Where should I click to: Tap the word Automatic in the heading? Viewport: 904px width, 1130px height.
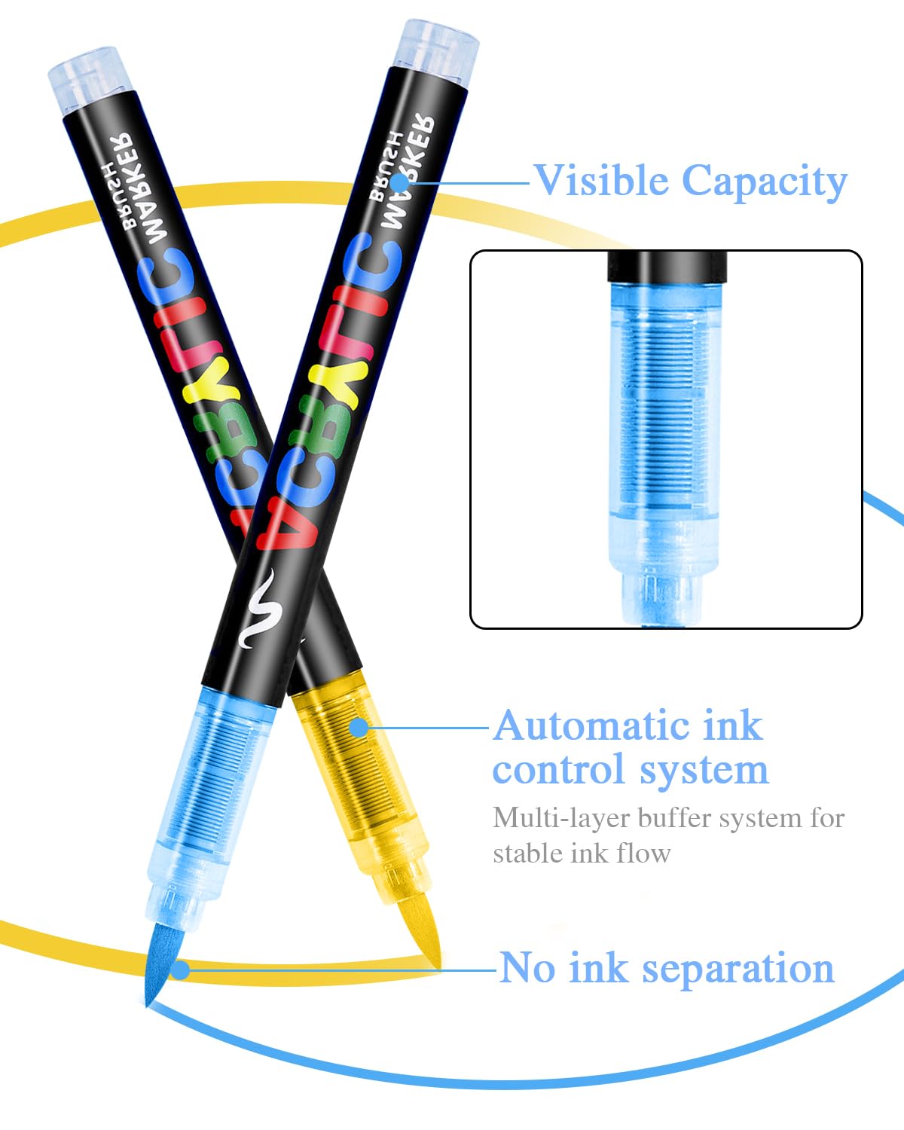[592, 727]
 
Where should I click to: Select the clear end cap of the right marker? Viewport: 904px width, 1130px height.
[436, 44]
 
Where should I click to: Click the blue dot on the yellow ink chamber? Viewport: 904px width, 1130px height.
[360, 727]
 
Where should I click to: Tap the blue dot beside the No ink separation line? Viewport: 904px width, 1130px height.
[179, 969]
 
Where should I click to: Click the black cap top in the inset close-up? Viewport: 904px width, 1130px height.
[667, 266]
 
